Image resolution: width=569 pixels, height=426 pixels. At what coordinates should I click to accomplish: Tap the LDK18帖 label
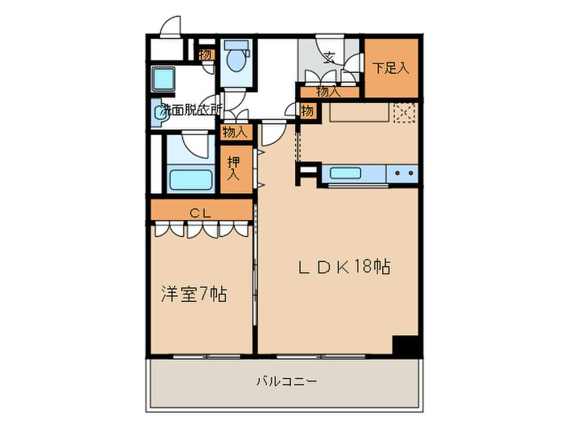342,267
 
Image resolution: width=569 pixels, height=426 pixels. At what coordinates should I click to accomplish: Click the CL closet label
201,213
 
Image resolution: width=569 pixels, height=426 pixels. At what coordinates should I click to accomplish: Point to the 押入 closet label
234,169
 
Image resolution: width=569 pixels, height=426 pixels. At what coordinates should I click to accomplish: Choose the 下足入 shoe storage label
391,68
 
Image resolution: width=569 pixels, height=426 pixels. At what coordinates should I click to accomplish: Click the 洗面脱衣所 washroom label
190,109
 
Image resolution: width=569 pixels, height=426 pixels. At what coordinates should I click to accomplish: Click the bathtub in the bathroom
191,179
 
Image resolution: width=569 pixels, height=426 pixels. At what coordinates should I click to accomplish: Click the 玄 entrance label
329,57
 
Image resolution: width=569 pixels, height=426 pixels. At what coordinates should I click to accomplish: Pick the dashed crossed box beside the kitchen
405,113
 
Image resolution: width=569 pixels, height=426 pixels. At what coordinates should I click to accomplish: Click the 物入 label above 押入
234,131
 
